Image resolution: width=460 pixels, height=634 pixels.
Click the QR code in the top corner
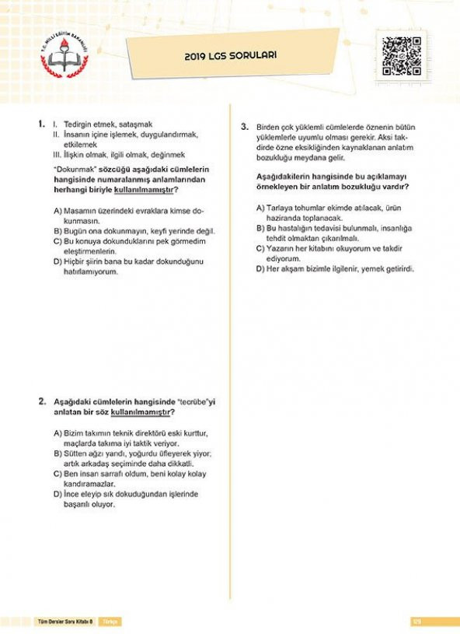coord(402,58)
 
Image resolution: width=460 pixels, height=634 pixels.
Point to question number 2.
coord(42,401)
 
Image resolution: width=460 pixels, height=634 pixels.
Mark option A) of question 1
coord(58,211)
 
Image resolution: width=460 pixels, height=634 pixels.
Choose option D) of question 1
coord(58,261)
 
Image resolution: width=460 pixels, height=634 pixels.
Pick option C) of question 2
coord(58,473)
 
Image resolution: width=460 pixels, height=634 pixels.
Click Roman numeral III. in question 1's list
coord(57,154)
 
